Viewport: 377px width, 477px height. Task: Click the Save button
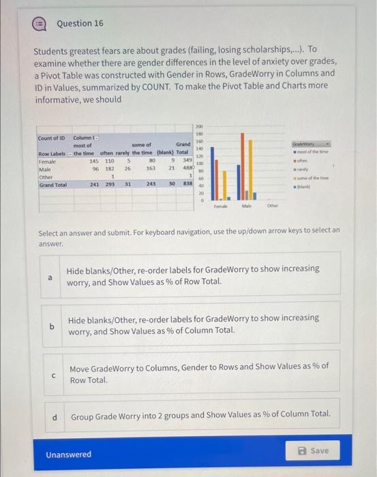point(314,450)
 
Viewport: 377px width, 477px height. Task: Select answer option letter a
point(48,277)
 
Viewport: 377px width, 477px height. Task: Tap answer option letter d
point(55,414)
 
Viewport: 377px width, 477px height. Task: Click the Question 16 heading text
point(80,23)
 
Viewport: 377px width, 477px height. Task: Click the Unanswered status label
point(68,455)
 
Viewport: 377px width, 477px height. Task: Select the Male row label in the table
point(46,168)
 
